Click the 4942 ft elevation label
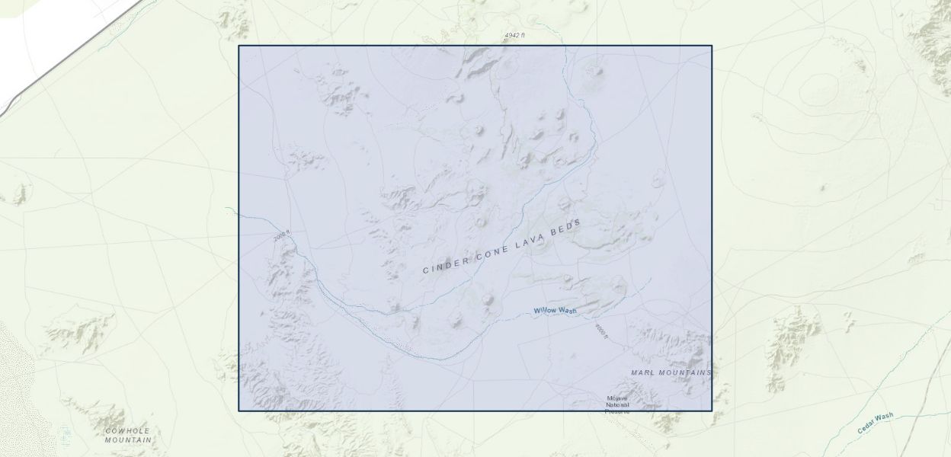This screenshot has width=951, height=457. pyautogui.click(x=514, y=36)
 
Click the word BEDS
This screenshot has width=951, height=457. pyautogui.click(x=567, y=225)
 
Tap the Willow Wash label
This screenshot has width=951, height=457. pyautogui.click(x=555, y=310)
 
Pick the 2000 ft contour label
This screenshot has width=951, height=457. pyautogui.click(x=281, y=237)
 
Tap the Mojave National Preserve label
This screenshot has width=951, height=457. pyautogui.click(x=617, y=404)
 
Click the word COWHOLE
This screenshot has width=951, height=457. pyautogui.click(x=127, y=431)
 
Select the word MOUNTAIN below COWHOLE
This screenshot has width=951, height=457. pyautogui.click(x=128, y=440)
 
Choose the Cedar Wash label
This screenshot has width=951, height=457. pyautogui.click(x=875, y=423)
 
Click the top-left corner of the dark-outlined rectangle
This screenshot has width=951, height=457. pyautogui.click(x=239, y=46)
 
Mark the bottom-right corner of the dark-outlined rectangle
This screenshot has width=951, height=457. pyautogui.click(x=712, y=411)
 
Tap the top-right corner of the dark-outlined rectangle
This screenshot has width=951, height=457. pyautogui.click(x=712, y=46)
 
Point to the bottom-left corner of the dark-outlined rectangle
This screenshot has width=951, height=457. pyautogui.click(x=239, y=411)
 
